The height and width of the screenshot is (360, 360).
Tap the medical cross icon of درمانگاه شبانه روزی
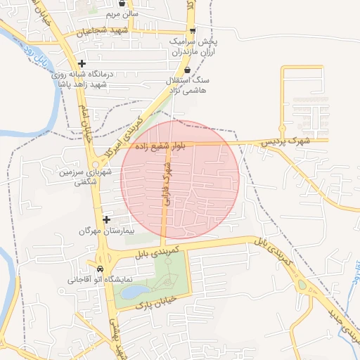(x=82, y=64)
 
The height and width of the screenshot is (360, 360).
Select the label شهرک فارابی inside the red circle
(x=167, y=184)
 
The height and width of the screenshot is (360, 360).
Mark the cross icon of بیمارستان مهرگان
(x=105, y=220)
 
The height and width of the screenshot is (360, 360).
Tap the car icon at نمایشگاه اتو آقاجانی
(x=99, y=269)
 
